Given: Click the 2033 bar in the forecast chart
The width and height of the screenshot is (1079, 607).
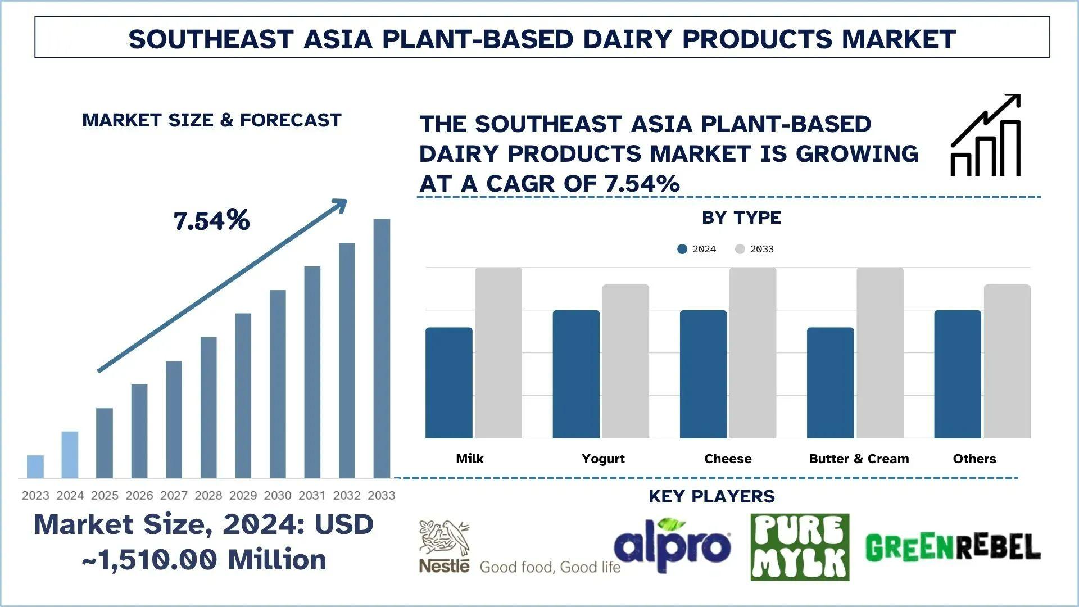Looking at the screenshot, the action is click(x=382, y=348).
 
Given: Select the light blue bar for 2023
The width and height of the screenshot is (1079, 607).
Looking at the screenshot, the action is click(x=35, y=466).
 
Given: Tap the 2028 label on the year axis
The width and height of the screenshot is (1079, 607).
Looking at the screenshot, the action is click(x=208, y=495).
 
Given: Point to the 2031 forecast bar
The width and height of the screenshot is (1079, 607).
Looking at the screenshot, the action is click(x=312, y=372).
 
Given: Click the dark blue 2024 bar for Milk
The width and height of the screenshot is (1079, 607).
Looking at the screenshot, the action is click(x=449, y=383).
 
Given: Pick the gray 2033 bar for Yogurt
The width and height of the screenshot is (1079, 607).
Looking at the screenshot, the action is click(x=625, y=361).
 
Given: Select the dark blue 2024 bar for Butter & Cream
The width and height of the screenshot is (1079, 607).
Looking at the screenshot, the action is click(x=831, y=383).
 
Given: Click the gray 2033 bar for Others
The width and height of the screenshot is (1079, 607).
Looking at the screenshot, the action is click(x=1007, y=361).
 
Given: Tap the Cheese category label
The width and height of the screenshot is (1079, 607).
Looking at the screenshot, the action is click(x=728, y=459).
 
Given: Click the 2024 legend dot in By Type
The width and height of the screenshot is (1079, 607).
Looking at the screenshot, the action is click(x=682, y=249).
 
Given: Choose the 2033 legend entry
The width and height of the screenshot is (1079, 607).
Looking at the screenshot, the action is click(x=754, y=249).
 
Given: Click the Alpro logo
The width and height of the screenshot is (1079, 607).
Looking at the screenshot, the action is click(x=672, y=543).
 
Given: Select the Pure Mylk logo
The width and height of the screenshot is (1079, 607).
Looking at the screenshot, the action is click(x=800, y=547).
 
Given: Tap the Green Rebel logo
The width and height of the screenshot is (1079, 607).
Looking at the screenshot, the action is click(x=953, y=547).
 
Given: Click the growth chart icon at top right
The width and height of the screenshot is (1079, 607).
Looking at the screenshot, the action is click(x=986, y=135).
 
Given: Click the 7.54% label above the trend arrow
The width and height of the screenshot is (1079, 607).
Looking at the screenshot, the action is click(x=211, y=220).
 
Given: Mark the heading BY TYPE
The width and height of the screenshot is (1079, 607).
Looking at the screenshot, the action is click(x=741, y=218).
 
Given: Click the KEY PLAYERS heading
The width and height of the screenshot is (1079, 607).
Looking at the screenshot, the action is click(x=711, y=496).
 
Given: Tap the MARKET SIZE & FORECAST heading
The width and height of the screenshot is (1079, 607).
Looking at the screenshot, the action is click(x=212, y=120).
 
